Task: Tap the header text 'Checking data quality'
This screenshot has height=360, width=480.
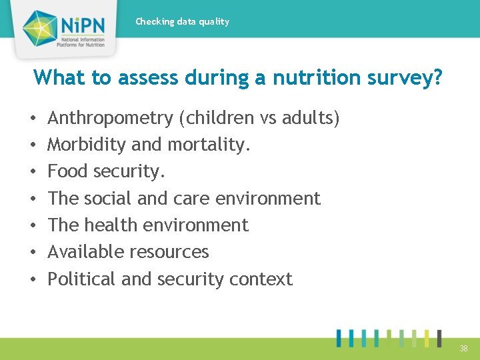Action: pos(182,21)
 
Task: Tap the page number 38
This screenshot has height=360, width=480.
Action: pos(463,349)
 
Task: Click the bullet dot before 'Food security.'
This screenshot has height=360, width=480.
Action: pos(34,172)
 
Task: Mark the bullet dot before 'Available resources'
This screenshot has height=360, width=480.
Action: pos(34,252)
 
